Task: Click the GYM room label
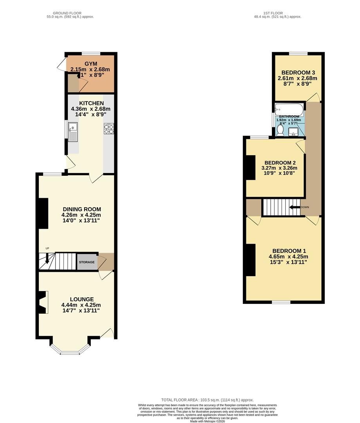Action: pyautogui.click(x=90, y=63)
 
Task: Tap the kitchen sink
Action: pyautogui.click(x=73, y=131)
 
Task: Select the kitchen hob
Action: pyautogui.click(x=109, y=127)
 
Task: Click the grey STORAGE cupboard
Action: pyautogui.click(x=87, y=262)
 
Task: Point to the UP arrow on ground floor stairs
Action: pyautogui.click(x=47, y=258)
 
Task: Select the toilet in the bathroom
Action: pyautogui.click(x=280, y=130)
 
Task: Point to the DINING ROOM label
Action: pyautogui.click(x=81, y=209)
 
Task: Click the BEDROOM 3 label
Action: pyautogui.click(x=298, y=72)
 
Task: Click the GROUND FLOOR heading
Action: pyautogui.click(x=70, y=13)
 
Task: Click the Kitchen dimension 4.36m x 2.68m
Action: pyautogui.click(x=90, y=109)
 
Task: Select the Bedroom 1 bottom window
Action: pyautogui.click(x=281, y=302)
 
